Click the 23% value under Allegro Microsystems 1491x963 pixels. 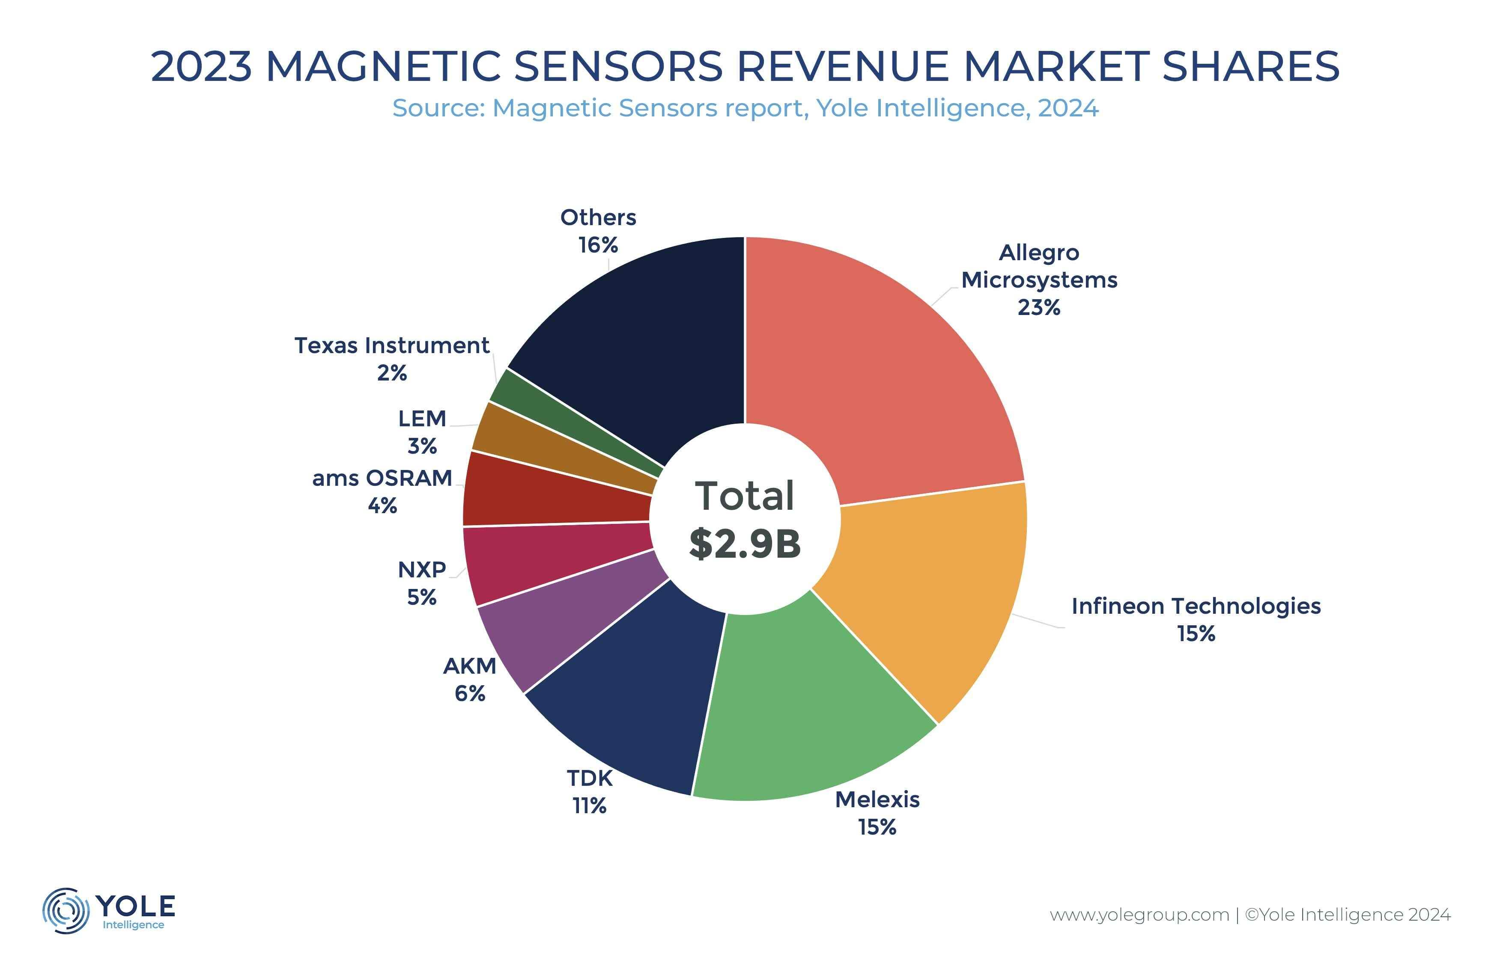(1039, 308)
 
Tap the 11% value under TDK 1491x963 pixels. (589, 806)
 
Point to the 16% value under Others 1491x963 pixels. (598, 245)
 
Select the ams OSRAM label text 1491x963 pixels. (382, 479)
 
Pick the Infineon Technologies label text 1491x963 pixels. (1196, 606)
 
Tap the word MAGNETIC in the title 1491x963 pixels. (384, 66)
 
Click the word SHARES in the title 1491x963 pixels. (1251, 66)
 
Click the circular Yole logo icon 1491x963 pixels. (65, 910)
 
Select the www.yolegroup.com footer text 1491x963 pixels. (1139, 915)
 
